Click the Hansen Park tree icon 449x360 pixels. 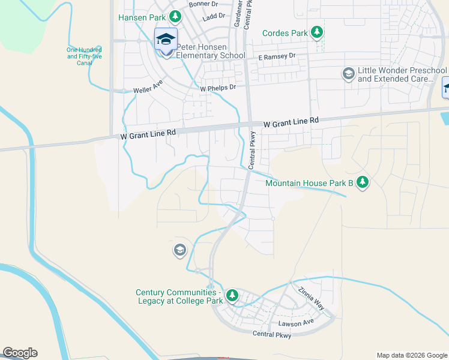[175, 17]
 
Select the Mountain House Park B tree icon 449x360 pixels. [362, 182]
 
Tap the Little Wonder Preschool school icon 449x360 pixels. [348, 74]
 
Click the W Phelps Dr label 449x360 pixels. [218, 87]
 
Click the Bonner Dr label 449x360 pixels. [202, 4]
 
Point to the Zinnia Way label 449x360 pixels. [311, 298]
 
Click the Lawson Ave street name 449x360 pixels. [297, 323]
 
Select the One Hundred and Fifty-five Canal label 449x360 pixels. [84, 56]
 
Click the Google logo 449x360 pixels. [20, 353]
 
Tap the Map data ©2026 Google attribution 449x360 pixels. [412, 355]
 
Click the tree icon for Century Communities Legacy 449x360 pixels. [232, 295]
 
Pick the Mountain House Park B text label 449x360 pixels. [308, 182]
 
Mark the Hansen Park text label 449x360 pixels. [142, 17]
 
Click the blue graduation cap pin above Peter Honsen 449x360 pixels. [166, 40]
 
